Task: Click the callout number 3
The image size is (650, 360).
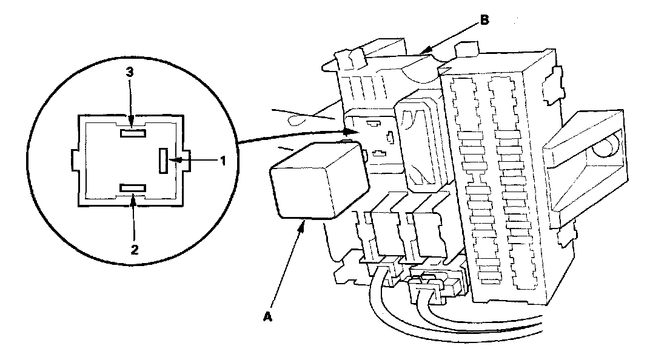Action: point(130,72)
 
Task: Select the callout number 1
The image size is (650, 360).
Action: point(223,161)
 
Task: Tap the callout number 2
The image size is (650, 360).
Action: point(135,248)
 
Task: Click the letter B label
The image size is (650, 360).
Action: point(484,20)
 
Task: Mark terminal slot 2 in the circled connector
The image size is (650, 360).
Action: point(132,188)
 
